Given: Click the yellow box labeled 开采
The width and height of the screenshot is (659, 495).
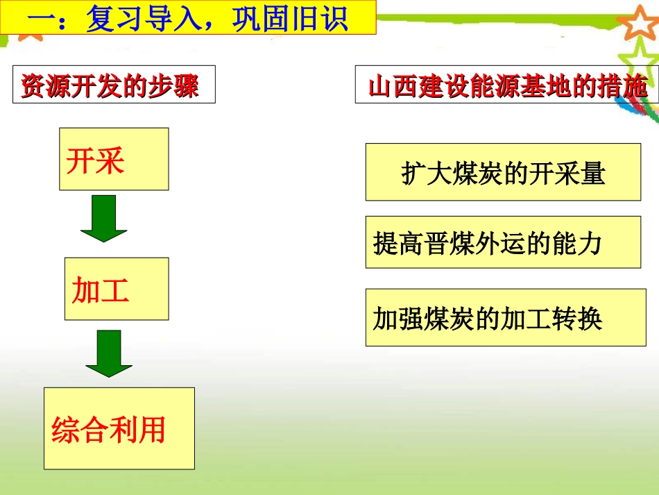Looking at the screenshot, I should pyautogui.click(x=114, y=159).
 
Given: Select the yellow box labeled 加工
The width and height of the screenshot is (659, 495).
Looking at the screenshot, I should pyautogui.click(x=117, y=289).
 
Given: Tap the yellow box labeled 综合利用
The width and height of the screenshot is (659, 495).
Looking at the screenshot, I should pyautogui.click(x=119, y=428).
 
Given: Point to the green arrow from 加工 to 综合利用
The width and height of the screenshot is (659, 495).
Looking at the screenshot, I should pyautogui.click(x=109, y=353).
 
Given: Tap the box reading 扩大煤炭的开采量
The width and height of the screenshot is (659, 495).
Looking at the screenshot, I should pyautogui.click(x=503, y=171).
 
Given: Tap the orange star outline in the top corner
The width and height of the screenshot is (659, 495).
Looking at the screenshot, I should pyautogui.click(x=637, y=22).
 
